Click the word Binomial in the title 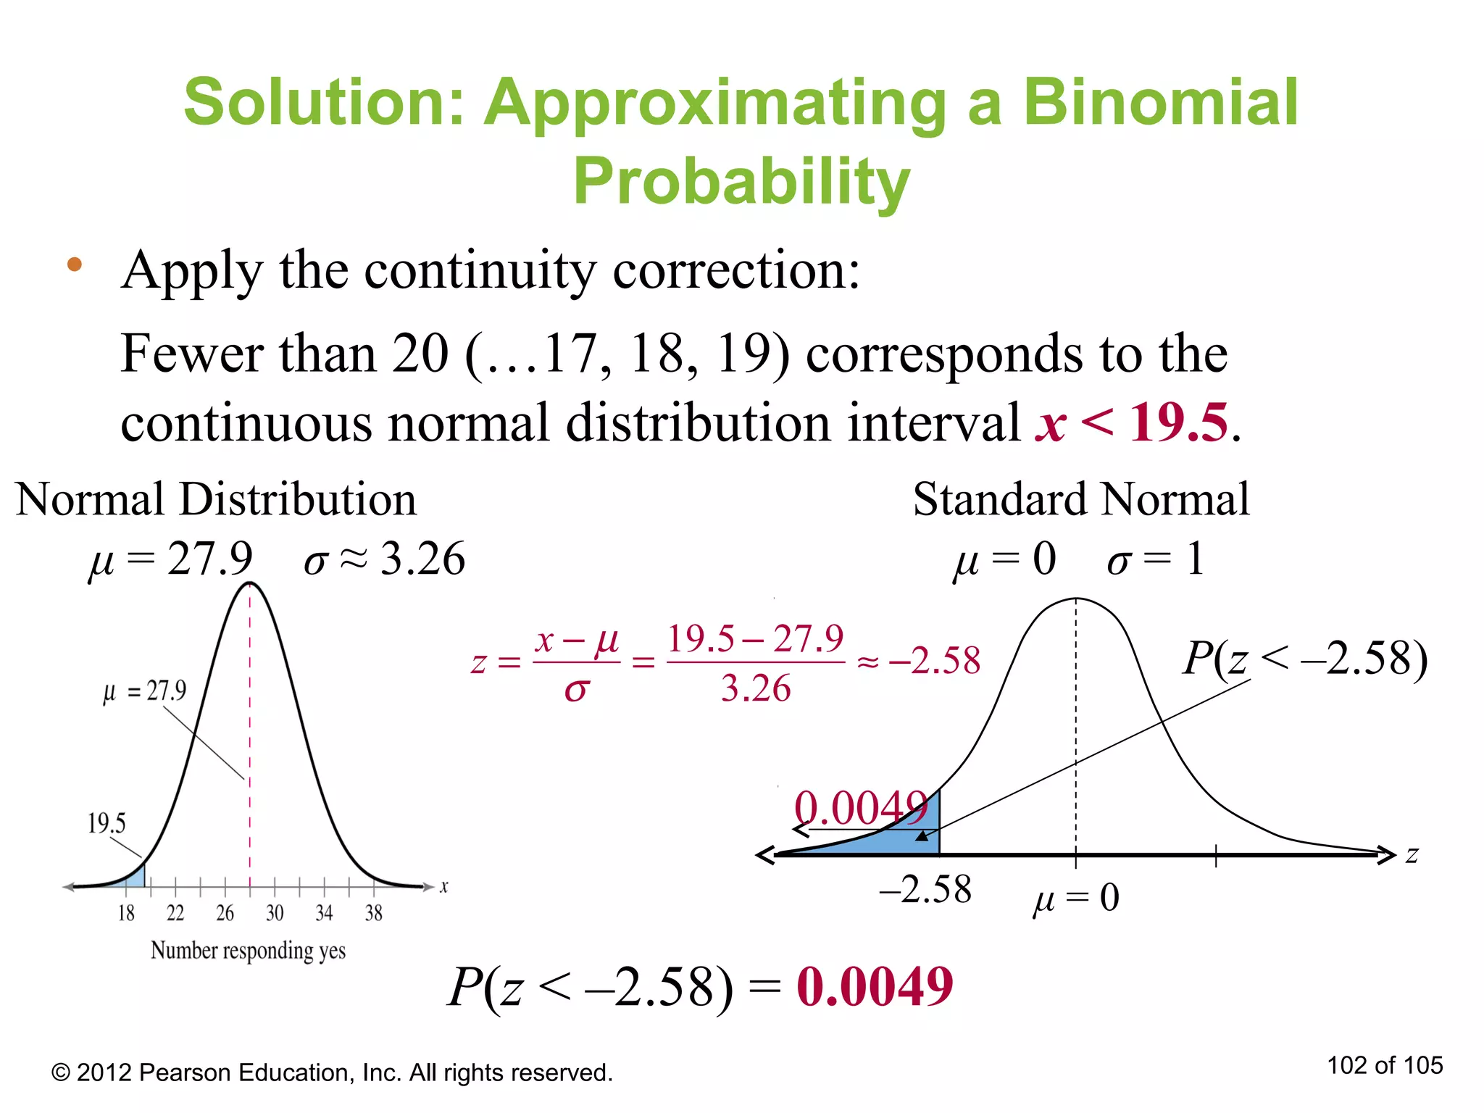point(1160,102)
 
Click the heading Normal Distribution point(216,499)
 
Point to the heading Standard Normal point(1080,499)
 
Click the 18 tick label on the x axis point(126,913)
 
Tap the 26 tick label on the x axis point(225,913)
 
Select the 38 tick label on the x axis point(373,913)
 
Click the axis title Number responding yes point(248,951)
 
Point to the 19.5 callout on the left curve point(107,823)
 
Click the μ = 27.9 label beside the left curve point(144,691)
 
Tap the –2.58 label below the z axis point(925,890)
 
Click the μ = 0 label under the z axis point(1076,899)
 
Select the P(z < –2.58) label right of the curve point(1305,659)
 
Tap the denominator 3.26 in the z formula point(756,688)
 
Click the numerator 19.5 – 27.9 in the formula point(755,639)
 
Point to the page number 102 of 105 point(1385,1065)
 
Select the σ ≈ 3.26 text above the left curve point(384,559)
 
